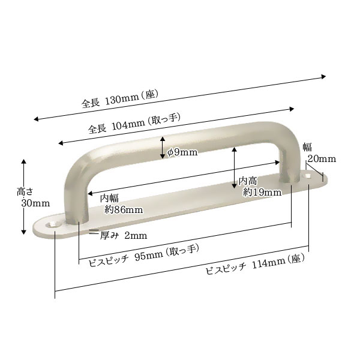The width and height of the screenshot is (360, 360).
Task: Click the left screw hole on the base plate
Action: pos(52,224)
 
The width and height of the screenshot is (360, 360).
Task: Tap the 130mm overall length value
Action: pos(122,99)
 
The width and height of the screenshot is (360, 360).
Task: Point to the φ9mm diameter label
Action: pos(182,152)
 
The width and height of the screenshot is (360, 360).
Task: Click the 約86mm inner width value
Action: pos(124,209)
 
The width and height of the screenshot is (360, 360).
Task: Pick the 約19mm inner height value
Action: pos(262,192)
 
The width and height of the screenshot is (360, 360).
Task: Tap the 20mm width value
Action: pos(322,159)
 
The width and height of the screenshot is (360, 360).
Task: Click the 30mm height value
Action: pos(35,203)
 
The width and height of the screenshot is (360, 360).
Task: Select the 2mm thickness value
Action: pos(136,236)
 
